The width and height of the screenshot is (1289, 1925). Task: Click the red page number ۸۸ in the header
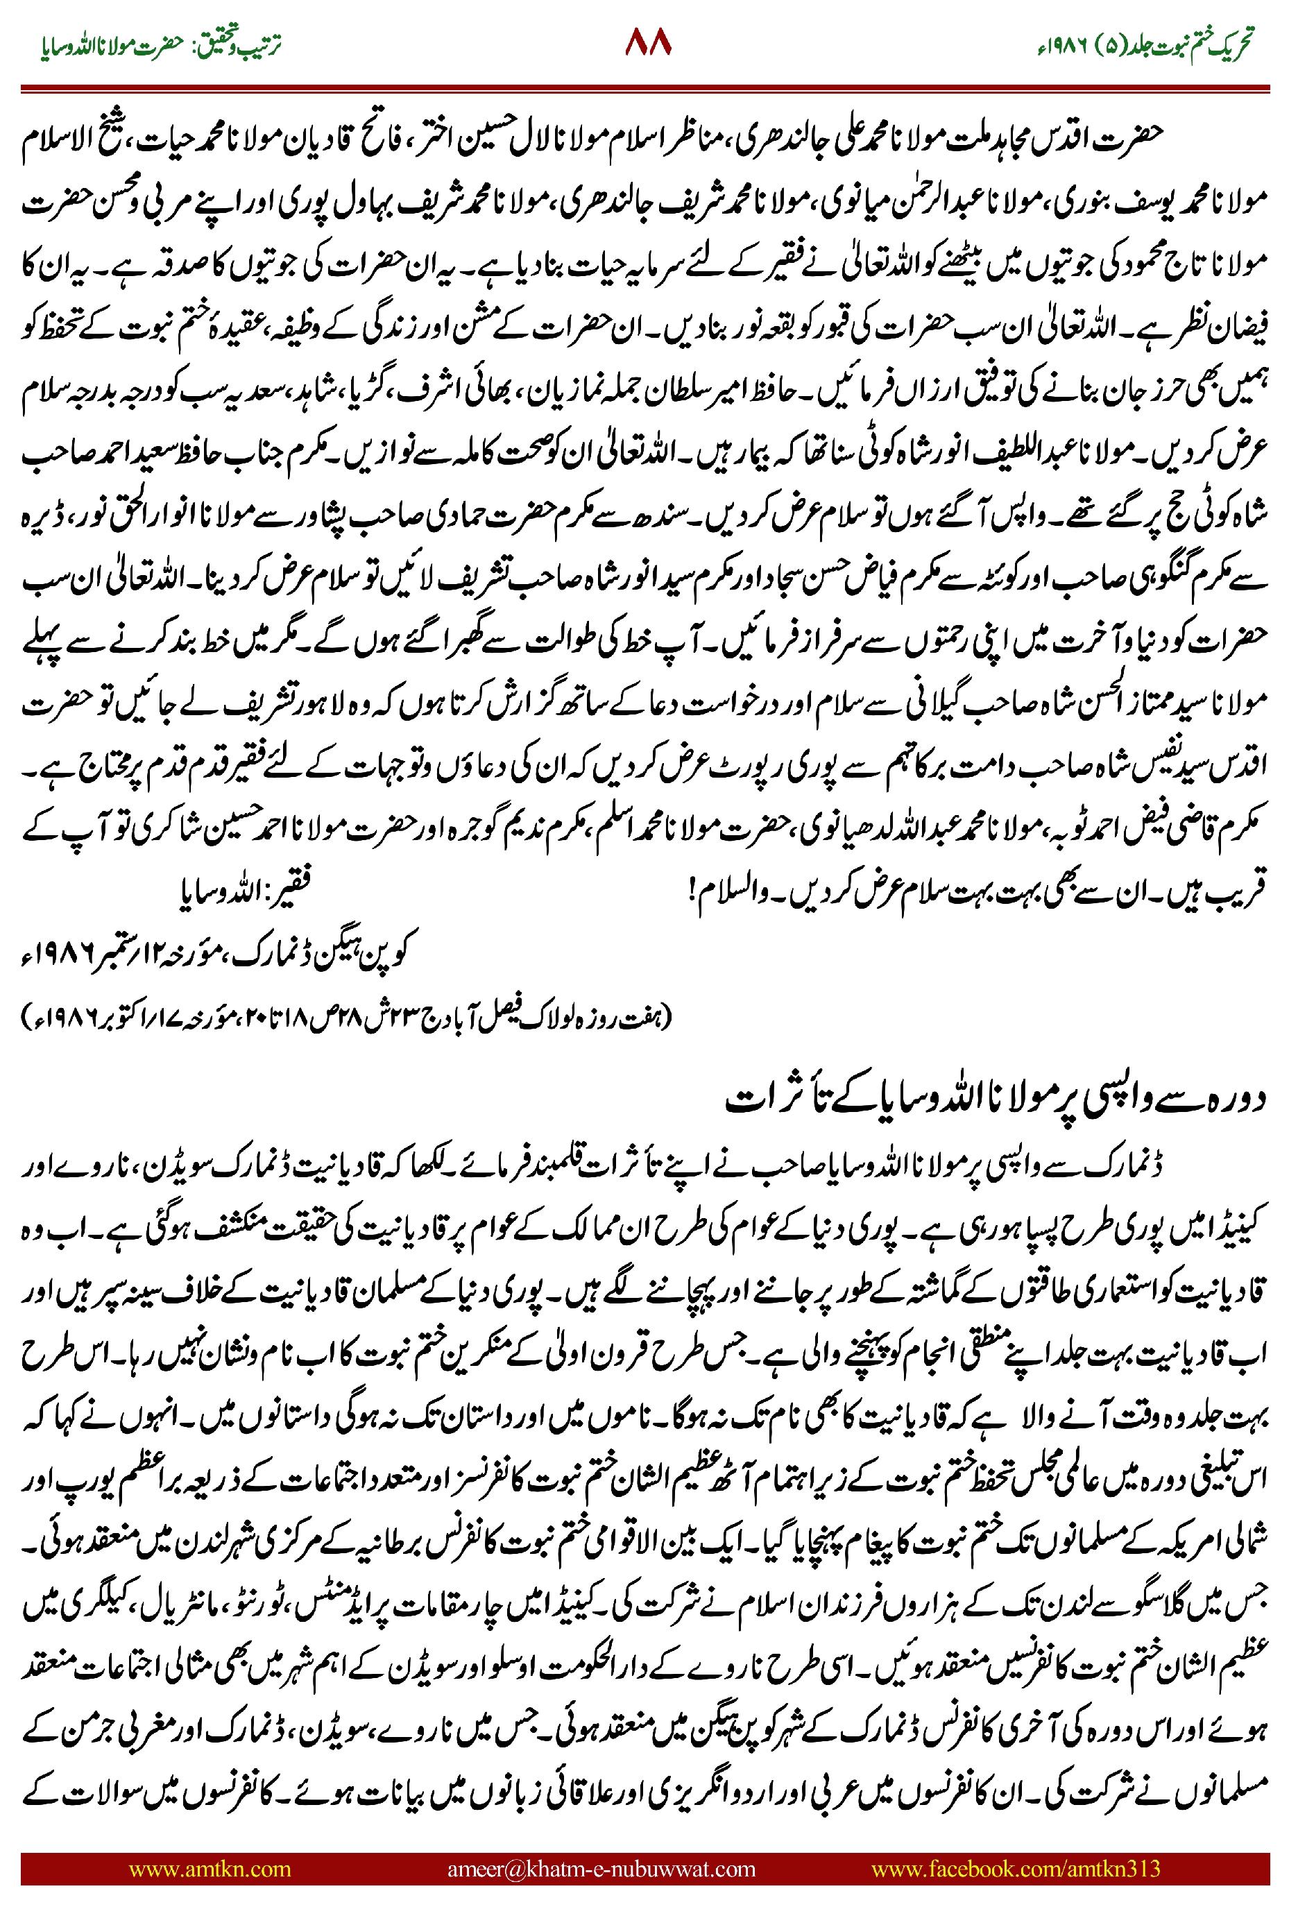(648, 43)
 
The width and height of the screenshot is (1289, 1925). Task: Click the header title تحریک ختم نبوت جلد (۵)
(1184, 45)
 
